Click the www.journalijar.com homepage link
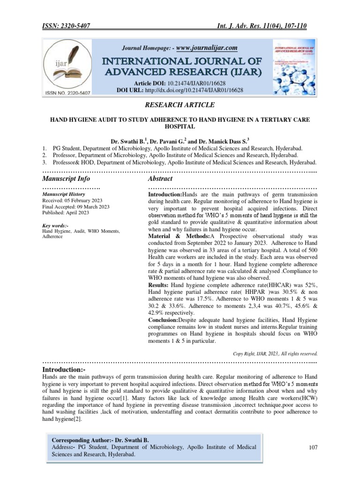pyautogui.click(x=207, y=47)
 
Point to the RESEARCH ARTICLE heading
pyautogui.click(x=180, y=105)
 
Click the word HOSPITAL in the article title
pyautogui.click(x=180, y=127)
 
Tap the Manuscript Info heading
pyautogui.click(x=66, y=179)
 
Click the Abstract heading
pyautogui.click(x=160, y=179)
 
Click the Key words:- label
pyautogui.click(x=55, y=225)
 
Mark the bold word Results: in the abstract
pyautogui.click(x=158, y=285)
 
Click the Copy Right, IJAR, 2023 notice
pyautogui.click(x=275, y=353)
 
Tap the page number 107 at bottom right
pyautogui.click(x=314, y=448)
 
